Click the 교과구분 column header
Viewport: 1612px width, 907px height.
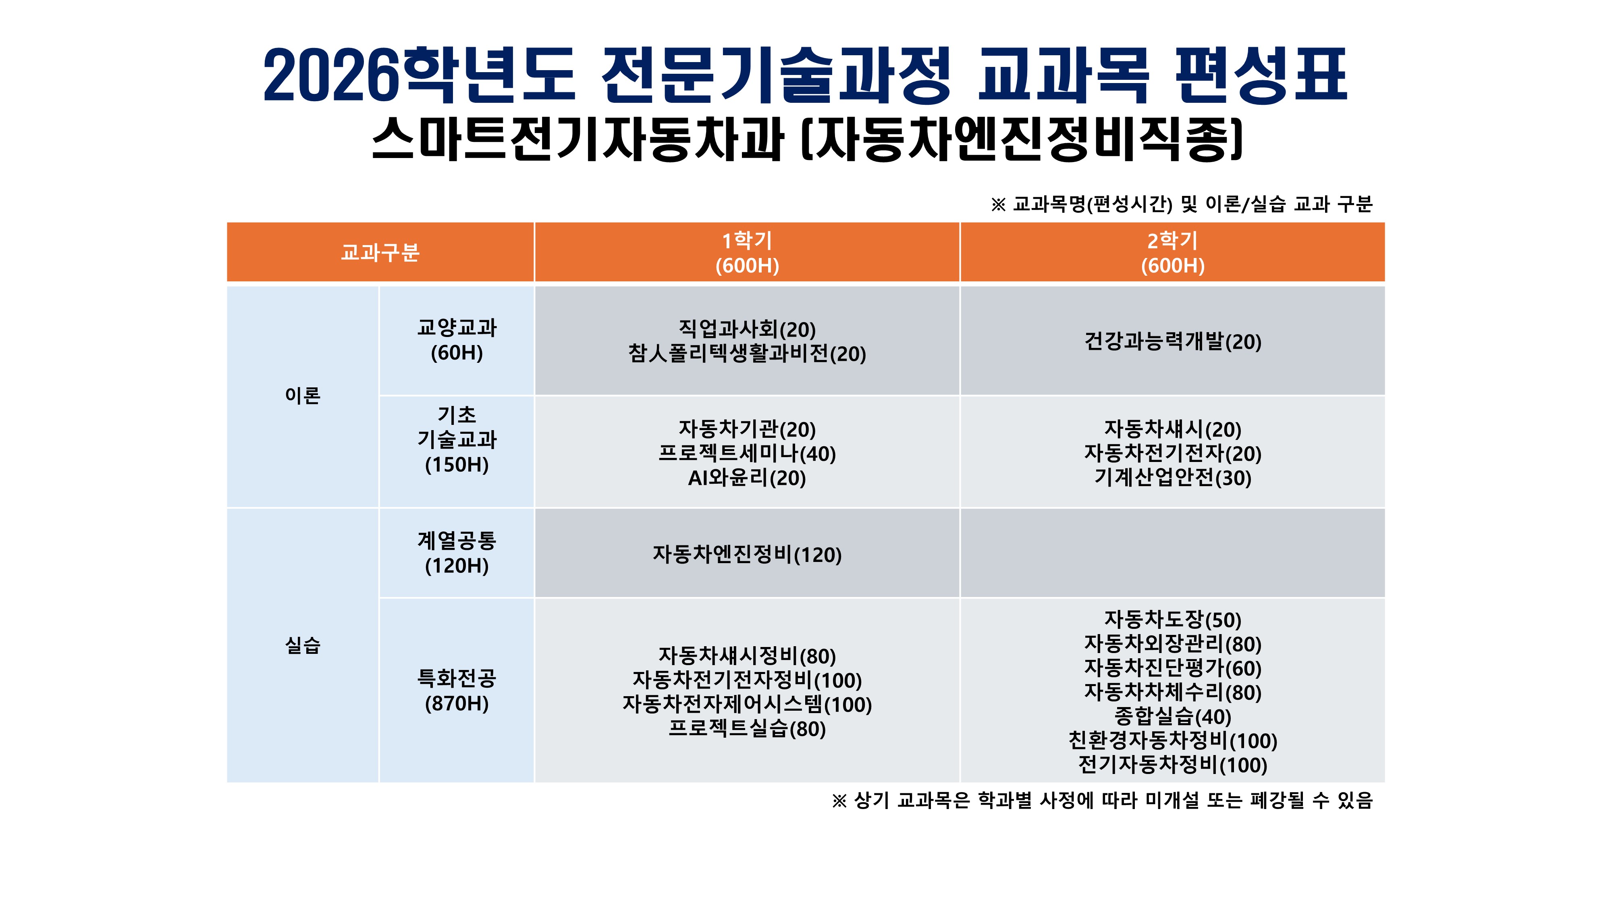click(380, 252)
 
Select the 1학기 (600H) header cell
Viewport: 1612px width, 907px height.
click(747, 252)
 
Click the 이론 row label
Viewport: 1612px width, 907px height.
click(303, 395)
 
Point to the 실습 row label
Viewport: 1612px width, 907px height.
click(303, 645)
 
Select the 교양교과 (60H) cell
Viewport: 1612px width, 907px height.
click(457, 340)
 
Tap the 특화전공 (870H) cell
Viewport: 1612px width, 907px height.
click(457, 691)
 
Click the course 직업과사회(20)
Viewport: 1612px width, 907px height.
click(747, 329)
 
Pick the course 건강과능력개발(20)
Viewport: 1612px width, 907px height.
click(1173, 342)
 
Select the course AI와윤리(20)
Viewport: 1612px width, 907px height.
click(747, 478)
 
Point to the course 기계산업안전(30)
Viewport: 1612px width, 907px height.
click(1173, 478)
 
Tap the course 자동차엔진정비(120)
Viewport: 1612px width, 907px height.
click(747, 555)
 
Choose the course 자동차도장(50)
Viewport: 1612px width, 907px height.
click(1173, 620)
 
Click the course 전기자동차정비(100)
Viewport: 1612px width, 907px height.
click(1173, 765)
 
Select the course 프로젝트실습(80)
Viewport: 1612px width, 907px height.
click(747, 728)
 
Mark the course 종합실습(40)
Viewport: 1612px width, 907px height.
click(1173, 717)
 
